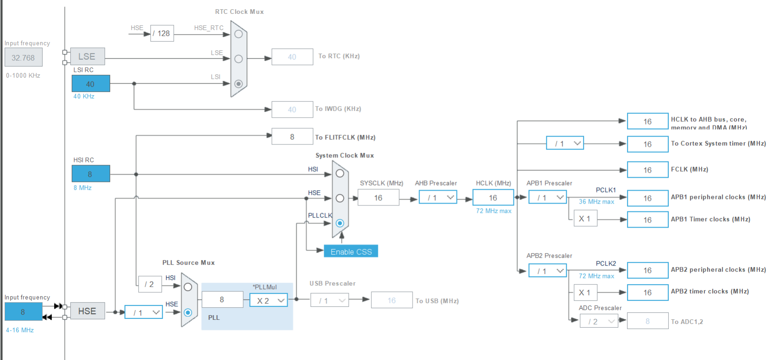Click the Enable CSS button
351,251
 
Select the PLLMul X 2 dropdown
269,300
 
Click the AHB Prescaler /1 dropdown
438,198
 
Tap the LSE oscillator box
87,56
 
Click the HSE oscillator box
87,311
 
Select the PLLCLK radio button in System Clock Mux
340,223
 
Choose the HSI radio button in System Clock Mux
340,173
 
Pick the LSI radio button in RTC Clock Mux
238,84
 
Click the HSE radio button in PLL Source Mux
188,312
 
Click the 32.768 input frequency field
23,58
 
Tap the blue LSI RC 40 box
91,84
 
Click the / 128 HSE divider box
162,33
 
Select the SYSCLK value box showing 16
378,198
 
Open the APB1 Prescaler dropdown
548,198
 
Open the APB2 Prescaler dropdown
548,271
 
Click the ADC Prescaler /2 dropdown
599,321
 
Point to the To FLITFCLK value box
292,137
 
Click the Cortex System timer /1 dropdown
565,143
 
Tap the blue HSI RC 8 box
91,174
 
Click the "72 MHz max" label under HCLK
493,211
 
